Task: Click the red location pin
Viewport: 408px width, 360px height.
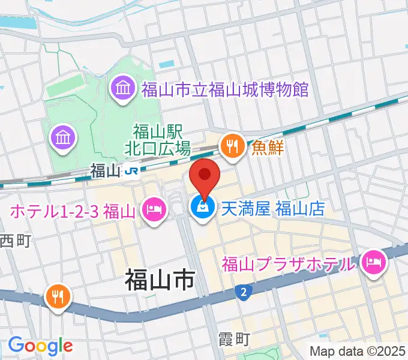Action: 205,175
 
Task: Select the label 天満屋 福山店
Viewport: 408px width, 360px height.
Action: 273,208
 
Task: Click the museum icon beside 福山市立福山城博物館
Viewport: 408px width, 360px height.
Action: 124,89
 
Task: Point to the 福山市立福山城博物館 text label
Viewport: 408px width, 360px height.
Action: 225,90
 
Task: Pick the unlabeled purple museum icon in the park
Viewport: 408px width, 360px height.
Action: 64,138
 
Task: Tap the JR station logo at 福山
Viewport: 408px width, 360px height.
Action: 131,171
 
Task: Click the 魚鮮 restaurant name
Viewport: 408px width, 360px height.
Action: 268,148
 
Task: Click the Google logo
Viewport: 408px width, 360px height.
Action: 40,345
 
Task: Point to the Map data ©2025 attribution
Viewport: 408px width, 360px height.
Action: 358,351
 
